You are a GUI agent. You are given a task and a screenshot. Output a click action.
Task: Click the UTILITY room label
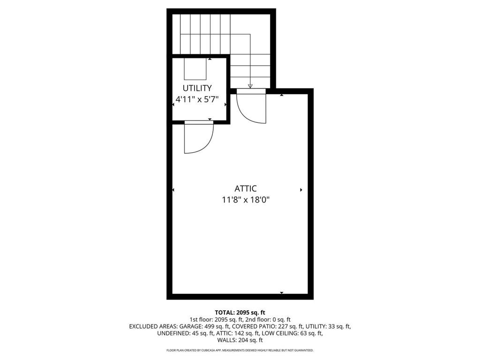click(197, 88)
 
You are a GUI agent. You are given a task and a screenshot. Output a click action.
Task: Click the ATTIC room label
click(246, 188)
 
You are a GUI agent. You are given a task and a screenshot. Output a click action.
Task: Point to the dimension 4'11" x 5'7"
click(197, 99)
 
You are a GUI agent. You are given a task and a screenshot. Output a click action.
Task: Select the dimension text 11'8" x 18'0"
click(246, 200)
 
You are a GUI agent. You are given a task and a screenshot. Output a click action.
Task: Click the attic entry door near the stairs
click(251, 107)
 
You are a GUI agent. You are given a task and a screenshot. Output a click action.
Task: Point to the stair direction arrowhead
click(250, 86)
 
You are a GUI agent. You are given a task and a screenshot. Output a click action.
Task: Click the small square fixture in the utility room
click(195, 69)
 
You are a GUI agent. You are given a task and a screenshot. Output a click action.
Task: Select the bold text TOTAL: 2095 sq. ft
click(240, 312)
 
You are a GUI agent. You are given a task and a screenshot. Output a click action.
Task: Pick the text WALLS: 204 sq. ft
click(240, 340)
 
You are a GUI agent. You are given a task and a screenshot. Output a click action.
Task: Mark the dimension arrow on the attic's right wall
click(301, 190)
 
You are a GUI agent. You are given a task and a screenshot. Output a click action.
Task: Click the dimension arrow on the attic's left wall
click(173, 190)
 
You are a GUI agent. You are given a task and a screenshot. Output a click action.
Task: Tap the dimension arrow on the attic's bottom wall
click(282, 293)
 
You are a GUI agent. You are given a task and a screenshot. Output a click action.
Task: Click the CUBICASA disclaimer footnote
click(240, 350)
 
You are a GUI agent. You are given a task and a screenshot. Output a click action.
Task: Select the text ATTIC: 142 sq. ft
click(233, 333)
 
